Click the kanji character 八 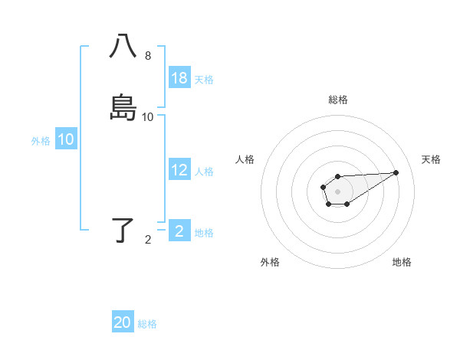[x=123, y=46]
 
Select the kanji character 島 [x=123, y=107]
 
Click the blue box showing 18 [x=179, y=78]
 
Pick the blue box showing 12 [x=179, y=171]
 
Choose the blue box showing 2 [x=179, y=231]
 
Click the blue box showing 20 [x=123, y=322]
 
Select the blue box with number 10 [x=66, y=139]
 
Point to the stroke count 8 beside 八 [x=148, y=56]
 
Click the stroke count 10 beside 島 [x=148, y=117]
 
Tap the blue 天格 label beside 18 [x=204, y=80]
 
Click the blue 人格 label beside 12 [x=204, y=172]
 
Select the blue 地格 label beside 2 [x=204, y=233]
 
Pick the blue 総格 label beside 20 [x=147, y=324]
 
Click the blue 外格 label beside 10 [x=41, y=141]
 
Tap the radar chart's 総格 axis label [x=337, y=100]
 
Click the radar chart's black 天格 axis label [x=432, y=159]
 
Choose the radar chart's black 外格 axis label [x=270, y=263]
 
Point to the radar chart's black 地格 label [x=402, y=263]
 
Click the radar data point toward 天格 [x=396, y=172]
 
